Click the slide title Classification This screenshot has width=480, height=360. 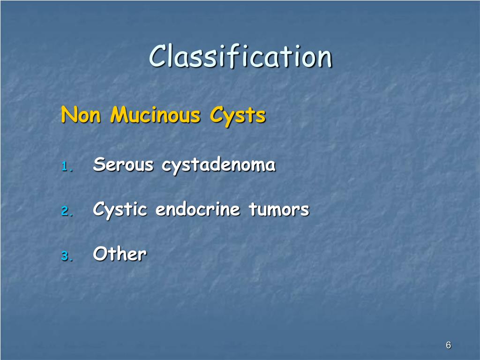pyautogui.click(x=240, y=56)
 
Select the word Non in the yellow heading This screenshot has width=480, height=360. pyautogui.click(x=81, y=115)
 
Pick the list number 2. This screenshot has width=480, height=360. pyautogui.click(x=67, y=211)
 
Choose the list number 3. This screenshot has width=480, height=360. pyautogui.click(x=67, y=256)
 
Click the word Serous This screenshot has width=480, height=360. pyautogui.click(x=123, y=165)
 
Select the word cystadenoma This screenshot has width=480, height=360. pyautogui.click(x=218, y=165)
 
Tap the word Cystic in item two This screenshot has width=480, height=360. pyautogui.click(x=120, y=210)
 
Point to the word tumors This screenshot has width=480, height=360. pyautogui.click(x=279, y=209)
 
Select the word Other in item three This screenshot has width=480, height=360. pyautogui.click(x=120, y=254)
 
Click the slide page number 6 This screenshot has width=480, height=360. pyautogui.click(x=448, y=345)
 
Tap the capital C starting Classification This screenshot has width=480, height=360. pyautogui.click(x=158, y=56)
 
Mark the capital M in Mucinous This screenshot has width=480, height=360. pyautogui.click(x=120, y=115)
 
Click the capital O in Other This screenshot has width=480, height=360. pyautogui.click(x=100, y=254)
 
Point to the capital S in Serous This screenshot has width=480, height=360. pyautogui.click(x=98, y=165)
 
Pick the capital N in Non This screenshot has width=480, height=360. pyautogui.click(x=68, y=115)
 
